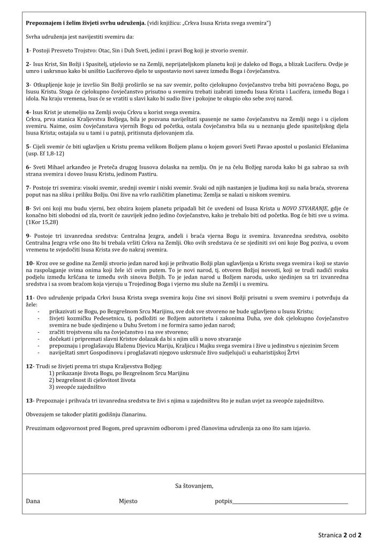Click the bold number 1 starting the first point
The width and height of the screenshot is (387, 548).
[27, 50]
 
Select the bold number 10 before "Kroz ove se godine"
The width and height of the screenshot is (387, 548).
[29, 264]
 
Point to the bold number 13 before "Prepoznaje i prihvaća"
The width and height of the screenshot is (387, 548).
[29, 400]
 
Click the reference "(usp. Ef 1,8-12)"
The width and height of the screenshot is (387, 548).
[45, 154]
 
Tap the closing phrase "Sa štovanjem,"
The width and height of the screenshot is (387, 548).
[194, 486]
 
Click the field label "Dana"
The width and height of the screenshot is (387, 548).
[33, 501]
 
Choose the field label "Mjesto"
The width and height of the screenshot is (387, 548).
[128, 501]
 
